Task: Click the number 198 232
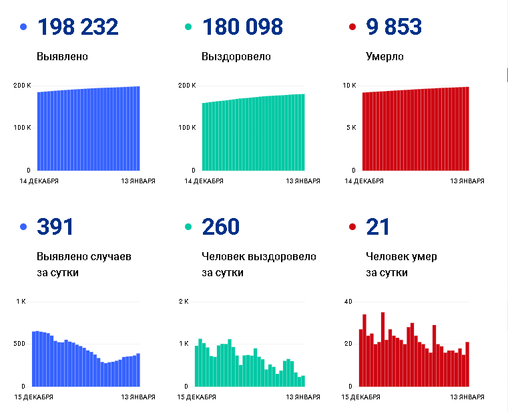[78, 27]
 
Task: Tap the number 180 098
[242, 27]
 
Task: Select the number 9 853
[394, 27]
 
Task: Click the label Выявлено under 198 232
[63, 57]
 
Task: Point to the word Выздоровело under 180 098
[236, 57]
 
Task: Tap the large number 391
[55, 227]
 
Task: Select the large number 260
[220, 227]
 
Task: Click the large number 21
[378, 227]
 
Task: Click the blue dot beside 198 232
[24, 27]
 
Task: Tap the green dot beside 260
[188, 227]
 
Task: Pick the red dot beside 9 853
[352, 27]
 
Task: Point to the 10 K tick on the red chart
[349, 86]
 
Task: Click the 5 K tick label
[350, 128]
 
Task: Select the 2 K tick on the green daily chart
[184, 302]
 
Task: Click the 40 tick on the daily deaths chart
[348, 302]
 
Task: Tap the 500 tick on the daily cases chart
[19, 344]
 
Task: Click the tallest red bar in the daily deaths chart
[383, 349]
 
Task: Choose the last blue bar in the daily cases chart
[138, 370]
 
